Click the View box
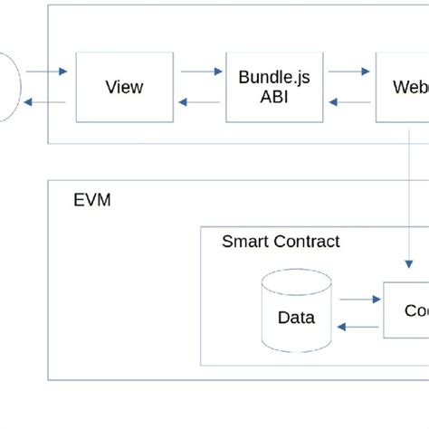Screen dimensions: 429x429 coord(124,87)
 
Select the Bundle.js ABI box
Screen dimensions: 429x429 coord(273,87)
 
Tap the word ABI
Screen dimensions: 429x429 coord(273,98)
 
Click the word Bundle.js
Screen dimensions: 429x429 coord(273,77)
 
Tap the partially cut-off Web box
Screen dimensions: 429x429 coord(404,87)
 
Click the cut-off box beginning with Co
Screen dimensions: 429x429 coord(406,310)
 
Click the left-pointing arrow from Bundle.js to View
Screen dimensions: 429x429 coord(199,102)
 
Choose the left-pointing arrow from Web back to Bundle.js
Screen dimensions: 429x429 coord(348,102)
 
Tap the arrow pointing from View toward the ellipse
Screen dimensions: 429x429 coord(45,102)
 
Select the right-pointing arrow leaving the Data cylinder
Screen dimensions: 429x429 coord(362,297)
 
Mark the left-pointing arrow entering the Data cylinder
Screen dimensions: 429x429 coord(357,327)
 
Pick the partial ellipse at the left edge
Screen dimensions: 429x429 coord(8,87)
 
